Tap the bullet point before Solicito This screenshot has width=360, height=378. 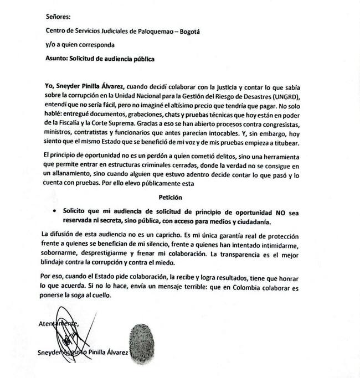pyautogui.click(x=55, y=211)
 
